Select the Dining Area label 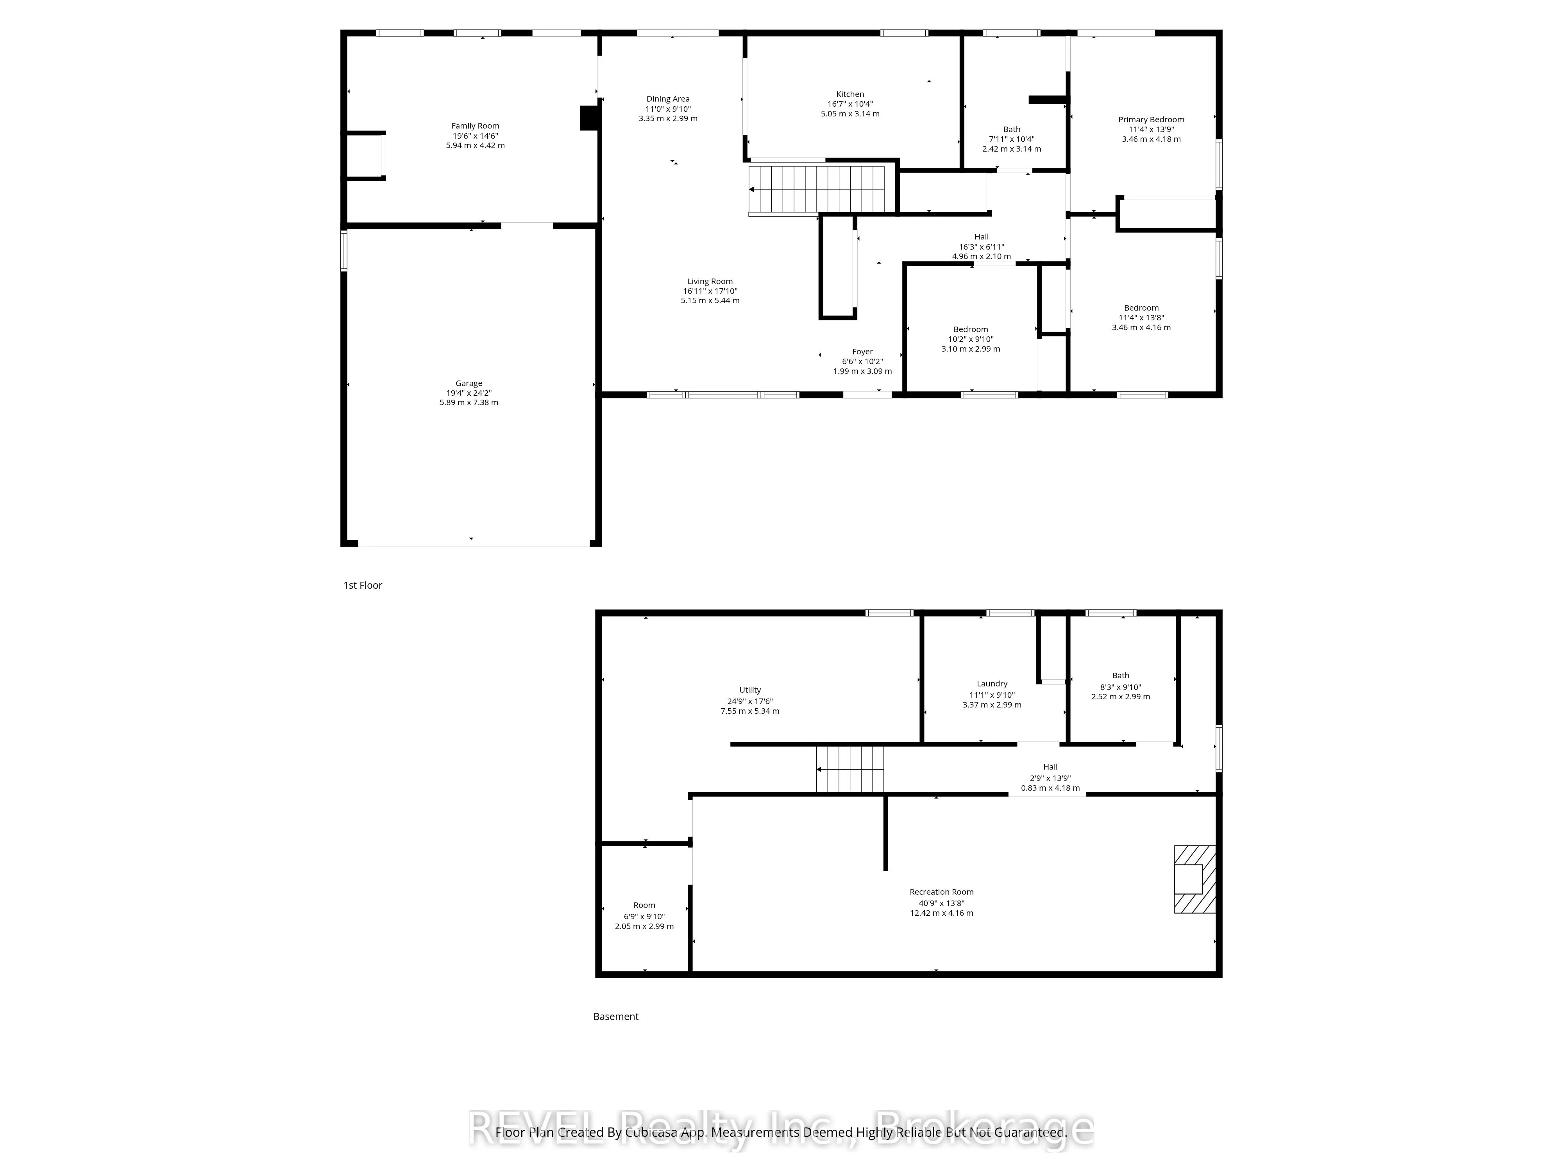click(x=668, y=99)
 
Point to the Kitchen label click(x=850, y=94)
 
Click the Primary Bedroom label click(x=1151, y=120)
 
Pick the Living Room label click(x=710, y=281)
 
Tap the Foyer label click(x=862, y=352)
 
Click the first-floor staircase click(x=817, y=189)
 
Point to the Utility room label click(x=750, y=690)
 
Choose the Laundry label click(x=992, y=684)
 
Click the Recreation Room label click(x=941, y=892)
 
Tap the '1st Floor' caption click(x=363, y=585)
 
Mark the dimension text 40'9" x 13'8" click(x=941, y=903)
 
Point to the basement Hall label click(x=1050, y=767)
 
